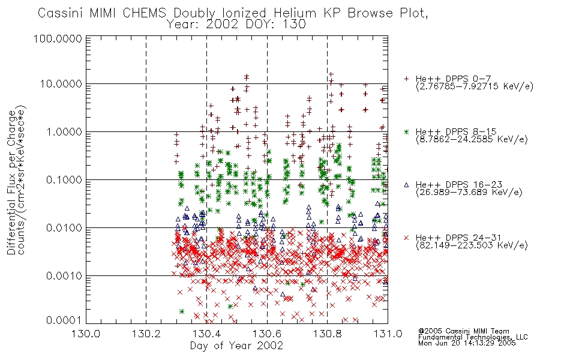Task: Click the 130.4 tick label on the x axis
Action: [x=206, y=334]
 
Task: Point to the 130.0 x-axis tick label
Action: [x=86, y=334]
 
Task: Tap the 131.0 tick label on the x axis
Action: [x=388, y=334]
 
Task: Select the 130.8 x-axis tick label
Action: [x=328, y=334]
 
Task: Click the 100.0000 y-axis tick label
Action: [x=58, y=38]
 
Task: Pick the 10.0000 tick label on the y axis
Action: [x=61, y=84]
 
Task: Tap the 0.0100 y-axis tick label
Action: [x=64, y=228]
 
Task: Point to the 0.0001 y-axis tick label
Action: [x=64, y=320]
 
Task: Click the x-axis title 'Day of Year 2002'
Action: [x=236, y=346]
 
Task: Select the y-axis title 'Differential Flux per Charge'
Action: [x=11, y=182]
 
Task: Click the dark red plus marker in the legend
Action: [x=406, y=79]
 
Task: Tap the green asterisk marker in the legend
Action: [x=406, y=131]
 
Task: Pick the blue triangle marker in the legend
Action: [x=406, y=185]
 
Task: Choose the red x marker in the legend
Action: [x=406, y=238]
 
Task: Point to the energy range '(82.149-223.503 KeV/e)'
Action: [x=472, y=245]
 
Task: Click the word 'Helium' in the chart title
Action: [x=295, y=13]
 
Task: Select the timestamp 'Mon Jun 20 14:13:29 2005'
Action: [x=467, y=343]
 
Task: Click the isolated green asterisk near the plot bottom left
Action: [x=182, y=311]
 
